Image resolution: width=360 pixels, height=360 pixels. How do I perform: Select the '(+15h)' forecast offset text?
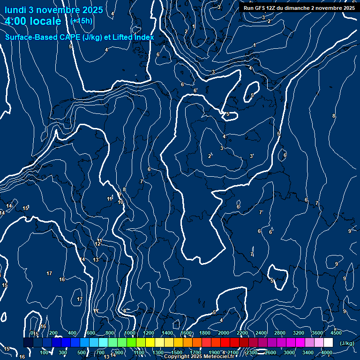point(81,21)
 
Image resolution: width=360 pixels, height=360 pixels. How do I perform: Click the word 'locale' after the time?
point(45,21)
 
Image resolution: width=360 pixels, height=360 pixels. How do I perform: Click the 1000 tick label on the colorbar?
point(130,333)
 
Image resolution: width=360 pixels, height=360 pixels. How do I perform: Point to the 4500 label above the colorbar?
point(336,333)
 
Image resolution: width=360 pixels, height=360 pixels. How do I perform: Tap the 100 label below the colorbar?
point(45,352)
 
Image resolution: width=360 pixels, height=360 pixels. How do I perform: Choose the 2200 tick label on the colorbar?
point(242,333)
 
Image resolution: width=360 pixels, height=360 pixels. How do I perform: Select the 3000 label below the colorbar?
point(289,352)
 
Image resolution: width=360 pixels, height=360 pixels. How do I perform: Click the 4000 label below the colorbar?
point(327,352)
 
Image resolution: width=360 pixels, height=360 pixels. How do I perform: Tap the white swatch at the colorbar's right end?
point(328,343)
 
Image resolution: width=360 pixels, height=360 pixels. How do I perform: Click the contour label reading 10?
point(120,202)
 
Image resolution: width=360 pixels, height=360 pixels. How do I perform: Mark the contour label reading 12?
point(98,244)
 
